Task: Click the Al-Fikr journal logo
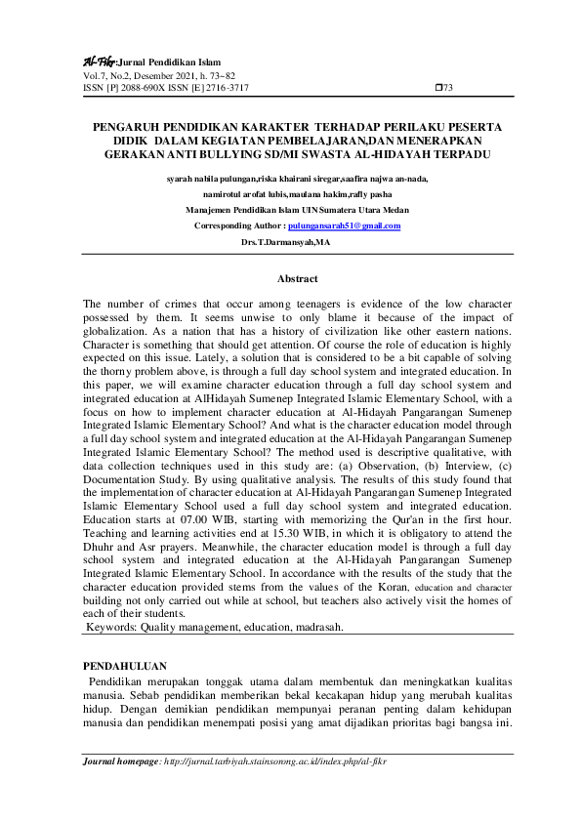point(100,61)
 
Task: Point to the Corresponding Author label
point(242,226)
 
